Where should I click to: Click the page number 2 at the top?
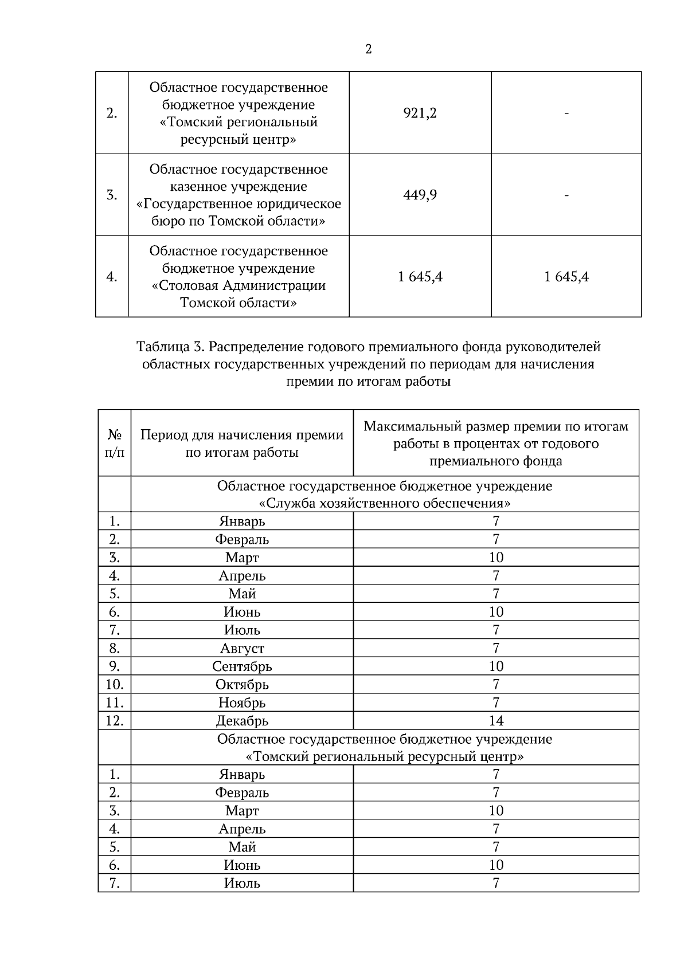[368, 50]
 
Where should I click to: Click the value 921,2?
[420, 113]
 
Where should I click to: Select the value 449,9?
[420, 195]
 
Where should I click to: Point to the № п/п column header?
[115, 444]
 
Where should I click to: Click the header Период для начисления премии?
[242, 436]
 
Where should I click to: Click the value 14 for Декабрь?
[496, 721]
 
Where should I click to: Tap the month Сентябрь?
[242, 666]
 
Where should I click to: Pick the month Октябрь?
[242, 685]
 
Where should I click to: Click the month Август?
[242, 649]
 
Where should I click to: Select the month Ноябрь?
[242, 703]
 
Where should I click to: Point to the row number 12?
[115, 721]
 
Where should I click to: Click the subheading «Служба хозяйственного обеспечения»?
[385, 504]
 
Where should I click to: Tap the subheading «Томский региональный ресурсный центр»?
[385, 757]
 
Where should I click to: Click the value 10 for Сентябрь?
[496, 666]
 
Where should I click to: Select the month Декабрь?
[242, 721]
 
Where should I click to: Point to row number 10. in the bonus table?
[115, 685]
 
